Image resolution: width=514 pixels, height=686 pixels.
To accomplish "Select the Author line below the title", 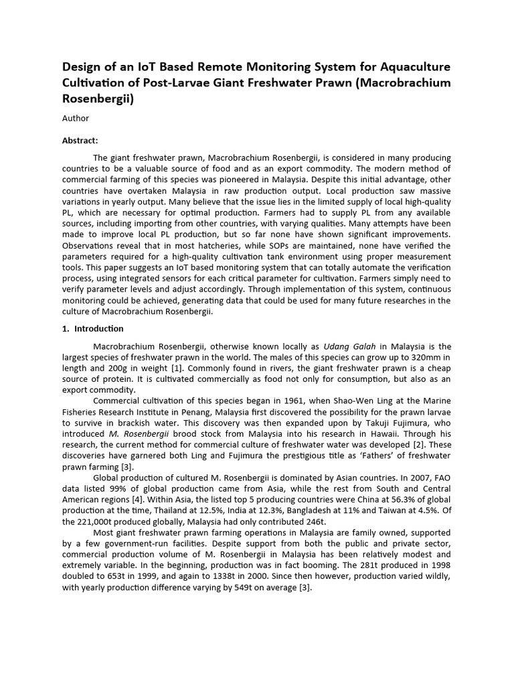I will pos(76,118).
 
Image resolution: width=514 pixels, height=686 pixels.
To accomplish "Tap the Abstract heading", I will pos(80,141).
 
